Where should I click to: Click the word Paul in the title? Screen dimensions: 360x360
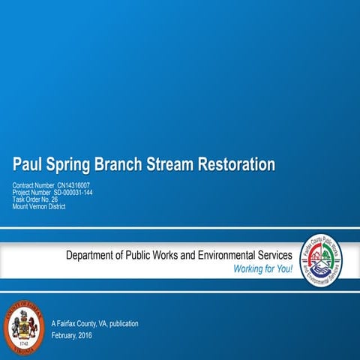pos(28,163)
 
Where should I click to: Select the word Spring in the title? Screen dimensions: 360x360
pos(71,163)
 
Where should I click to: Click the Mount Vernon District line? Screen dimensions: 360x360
pos(39,206)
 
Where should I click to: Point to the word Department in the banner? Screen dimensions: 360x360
pos(94,256)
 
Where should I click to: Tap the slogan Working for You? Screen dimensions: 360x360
pos(263,269)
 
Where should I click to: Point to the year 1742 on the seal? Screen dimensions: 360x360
pos(24,344)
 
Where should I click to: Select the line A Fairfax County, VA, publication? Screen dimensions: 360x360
pos(94,323)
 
